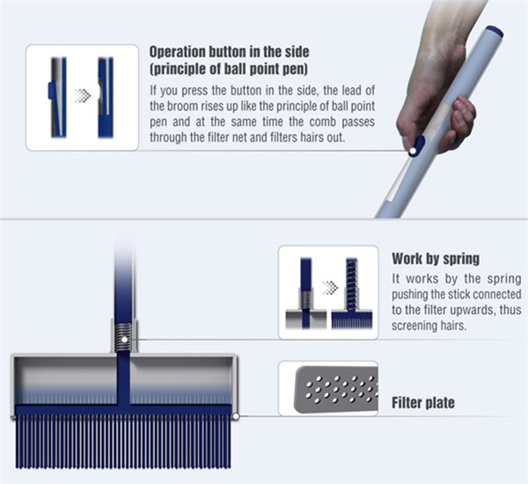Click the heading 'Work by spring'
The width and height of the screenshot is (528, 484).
[x=436, y=259]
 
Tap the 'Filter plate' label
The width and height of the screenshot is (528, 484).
[x=423, y=402]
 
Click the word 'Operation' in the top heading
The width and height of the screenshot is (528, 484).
[x=178, y=52]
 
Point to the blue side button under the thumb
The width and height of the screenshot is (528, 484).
[x=416, y=145]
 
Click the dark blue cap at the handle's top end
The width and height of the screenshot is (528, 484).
[x=495, y=32]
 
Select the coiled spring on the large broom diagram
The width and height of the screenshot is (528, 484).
[x=124, y=338]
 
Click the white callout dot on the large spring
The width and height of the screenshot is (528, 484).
[x=125, y=340]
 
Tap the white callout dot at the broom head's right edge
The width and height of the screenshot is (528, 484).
[x=236, y=416]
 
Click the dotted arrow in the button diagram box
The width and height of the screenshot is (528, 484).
[x=83, y=95]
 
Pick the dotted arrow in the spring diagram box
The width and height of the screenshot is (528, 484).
[x=330, y=288]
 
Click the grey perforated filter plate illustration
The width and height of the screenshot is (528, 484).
[x=336, y=389]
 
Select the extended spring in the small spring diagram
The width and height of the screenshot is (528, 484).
[x=351, y=284]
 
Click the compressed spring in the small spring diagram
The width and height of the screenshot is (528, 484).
[x=305, y=299]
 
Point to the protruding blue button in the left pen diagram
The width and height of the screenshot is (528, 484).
[x=51, y=91]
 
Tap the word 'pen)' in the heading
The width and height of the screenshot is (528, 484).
[x=294, y=69]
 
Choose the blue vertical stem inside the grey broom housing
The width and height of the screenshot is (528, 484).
[x=123, y=378]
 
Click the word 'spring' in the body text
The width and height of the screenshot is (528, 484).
[x=503, y=279]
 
